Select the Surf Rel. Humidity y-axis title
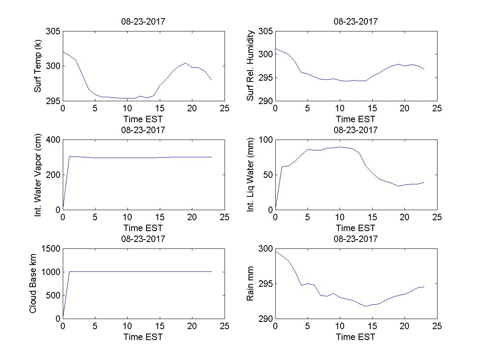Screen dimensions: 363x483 pyautogui.click(x=251, y=66)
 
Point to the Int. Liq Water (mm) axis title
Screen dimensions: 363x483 pyautogui.click(x=251, y=175)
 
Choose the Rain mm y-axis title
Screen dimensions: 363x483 pyautogui.click(x=251, y=284)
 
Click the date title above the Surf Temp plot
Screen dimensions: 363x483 pyautogui.click(x=143, y=22)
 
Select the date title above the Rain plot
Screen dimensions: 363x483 pyautogui.click(x=356, y=239)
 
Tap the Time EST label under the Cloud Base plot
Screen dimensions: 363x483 pyautogui.click(x=143, y=337)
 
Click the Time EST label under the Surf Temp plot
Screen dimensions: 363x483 pyautogui.click(x=143, y=119)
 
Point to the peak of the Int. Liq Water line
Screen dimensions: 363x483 pyautogui.click(x=340, y=147)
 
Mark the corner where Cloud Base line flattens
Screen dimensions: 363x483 pyautogui.click(x=69, y=272)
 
